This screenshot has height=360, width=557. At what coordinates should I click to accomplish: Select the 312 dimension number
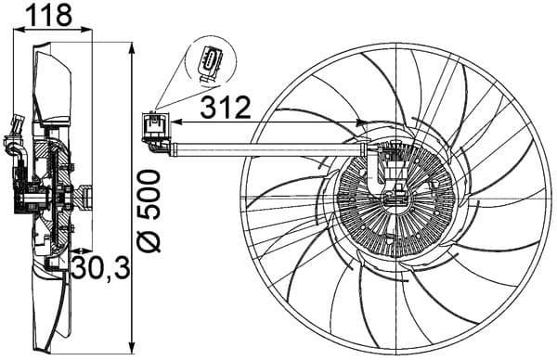click(x=225, y=108)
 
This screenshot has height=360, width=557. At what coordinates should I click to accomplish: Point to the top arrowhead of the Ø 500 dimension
click(x=132, y=45)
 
